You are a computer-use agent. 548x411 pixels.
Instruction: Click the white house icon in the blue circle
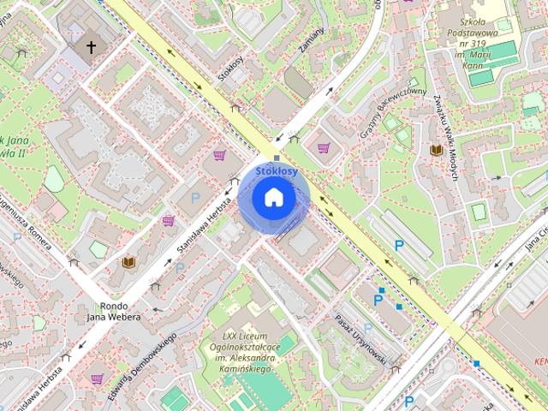coord(273,196)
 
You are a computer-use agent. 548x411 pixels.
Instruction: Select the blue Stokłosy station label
coord(277,171)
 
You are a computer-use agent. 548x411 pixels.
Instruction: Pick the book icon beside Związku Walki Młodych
coord(436,151)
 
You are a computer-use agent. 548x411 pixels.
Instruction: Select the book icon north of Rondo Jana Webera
coord(128,262)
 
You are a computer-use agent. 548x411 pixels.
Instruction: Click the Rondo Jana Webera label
coord(114,310)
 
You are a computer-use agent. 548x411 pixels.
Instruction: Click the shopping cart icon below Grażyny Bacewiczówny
coord(324,147)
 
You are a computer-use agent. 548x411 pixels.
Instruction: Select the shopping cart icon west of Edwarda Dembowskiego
coord(97,378)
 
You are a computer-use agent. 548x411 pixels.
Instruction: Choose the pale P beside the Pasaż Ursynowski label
coord(367,327)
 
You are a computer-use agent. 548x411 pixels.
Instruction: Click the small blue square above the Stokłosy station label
coord(277,158)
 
